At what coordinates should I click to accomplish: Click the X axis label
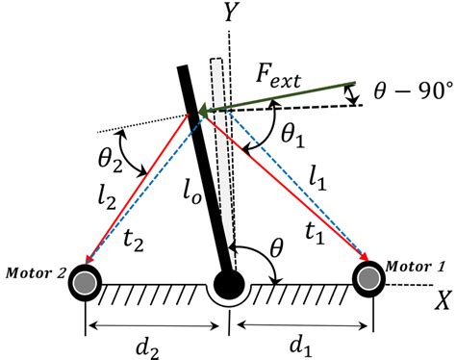pos(442,300)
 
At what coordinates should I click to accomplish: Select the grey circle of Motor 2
pos(88,284)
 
